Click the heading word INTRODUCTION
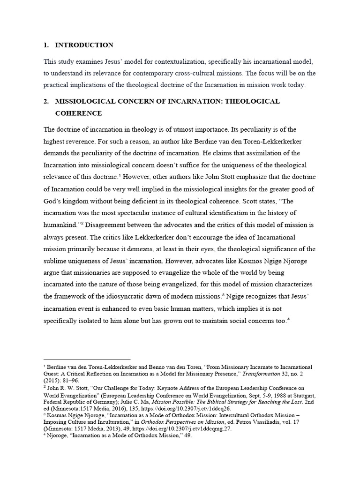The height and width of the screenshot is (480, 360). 84,45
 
